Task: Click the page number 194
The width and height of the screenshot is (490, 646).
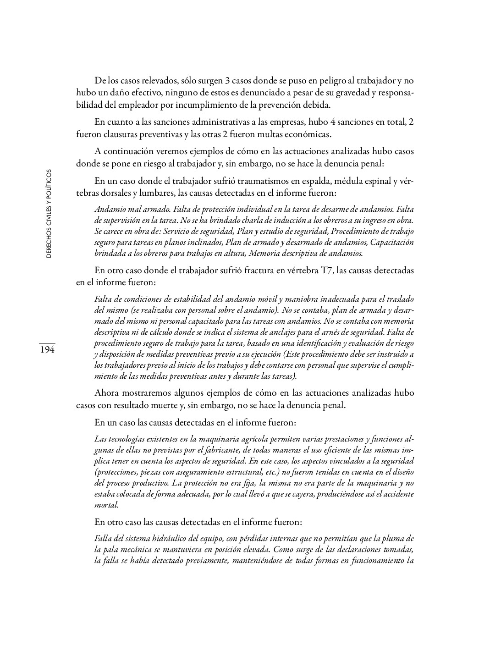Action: point(47,350)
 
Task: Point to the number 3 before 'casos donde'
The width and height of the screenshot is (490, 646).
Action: point(227,81)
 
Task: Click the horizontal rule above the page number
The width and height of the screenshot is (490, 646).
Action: point(47,343)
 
